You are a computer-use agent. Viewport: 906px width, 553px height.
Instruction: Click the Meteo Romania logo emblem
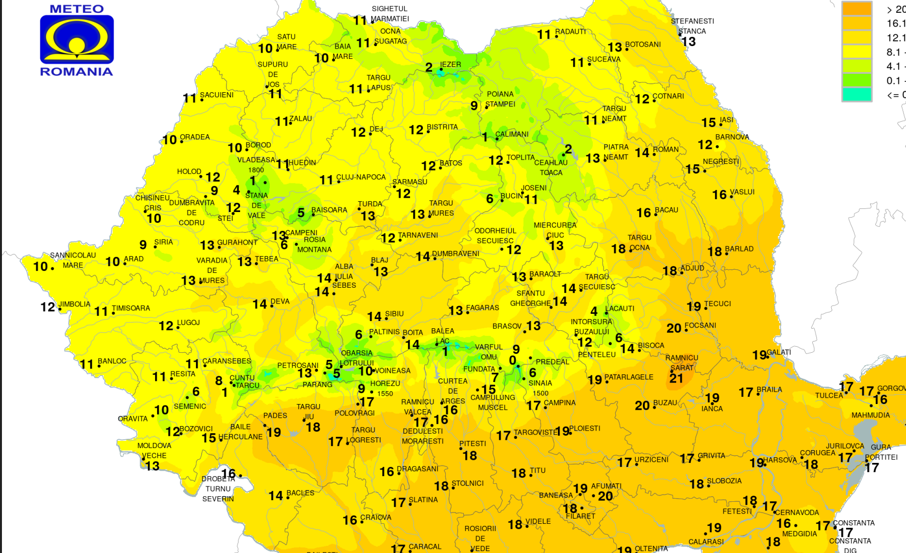[77, 39]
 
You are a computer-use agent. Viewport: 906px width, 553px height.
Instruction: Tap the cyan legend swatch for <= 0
[856, 95]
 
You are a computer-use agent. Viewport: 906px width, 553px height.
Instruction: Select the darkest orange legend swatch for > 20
[856, 9]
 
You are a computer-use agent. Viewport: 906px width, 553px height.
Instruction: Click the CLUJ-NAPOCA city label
[361, 177]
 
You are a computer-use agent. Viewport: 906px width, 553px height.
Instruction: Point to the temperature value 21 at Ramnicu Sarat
[676, 378]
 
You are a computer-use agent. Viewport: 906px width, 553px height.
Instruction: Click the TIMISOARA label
[131, 308]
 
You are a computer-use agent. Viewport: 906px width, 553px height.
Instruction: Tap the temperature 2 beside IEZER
[429, 68]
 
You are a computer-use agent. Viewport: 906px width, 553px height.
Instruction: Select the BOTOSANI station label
[643, 45]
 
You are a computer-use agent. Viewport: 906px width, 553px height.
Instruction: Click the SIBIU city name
[394, 314]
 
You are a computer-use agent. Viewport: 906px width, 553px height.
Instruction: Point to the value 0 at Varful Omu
[512, 361]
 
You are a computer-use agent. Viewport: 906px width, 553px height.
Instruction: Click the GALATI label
[779, 352]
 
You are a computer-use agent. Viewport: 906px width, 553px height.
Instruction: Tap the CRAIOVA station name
[376, 518]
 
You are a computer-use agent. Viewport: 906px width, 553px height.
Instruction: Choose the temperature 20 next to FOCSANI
[674, 328]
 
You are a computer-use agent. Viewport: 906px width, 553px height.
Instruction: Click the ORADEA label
[195, 137]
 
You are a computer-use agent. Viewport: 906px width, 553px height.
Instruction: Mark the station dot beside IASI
[721, 124]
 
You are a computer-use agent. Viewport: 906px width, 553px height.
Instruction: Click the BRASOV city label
[507, 326]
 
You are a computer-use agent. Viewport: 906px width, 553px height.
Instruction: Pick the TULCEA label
[829, 395]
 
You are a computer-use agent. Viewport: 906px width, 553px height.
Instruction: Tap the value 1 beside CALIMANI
[485, 137]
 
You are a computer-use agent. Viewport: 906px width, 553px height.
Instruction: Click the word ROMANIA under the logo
[77, 72]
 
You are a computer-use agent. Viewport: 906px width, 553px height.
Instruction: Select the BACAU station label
[666, 210]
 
